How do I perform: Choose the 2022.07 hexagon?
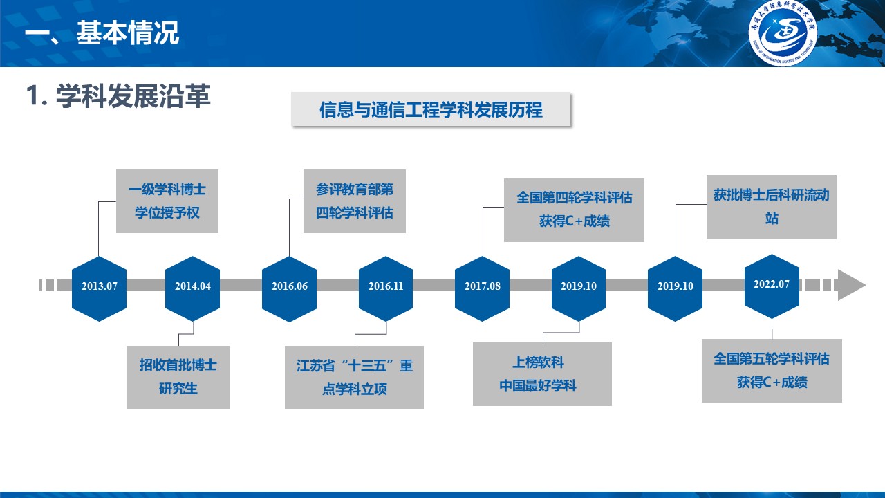click(x=772, y=284)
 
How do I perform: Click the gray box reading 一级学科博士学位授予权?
click(x=167, y=201)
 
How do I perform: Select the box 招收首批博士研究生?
click(x=178, y=377)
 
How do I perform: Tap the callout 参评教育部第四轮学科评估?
click(x=355, y=201)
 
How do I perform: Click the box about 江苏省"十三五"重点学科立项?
click(x=354, y=377)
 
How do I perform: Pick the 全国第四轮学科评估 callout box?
click(x=574, y=210)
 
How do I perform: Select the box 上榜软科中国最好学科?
click(x=542, y=373)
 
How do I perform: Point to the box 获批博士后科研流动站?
click(x=771, y=206)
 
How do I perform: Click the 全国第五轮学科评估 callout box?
click(x=772, y=370)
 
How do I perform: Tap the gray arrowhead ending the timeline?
click(x=850, y=285)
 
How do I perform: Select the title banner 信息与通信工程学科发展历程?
click(x=431, y=110)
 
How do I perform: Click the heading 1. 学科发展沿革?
click(x=118, y=97)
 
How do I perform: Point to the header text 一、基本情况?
click(x=102, y=33)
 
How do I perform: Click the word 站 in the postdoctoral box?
click(x=772, y=219)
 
